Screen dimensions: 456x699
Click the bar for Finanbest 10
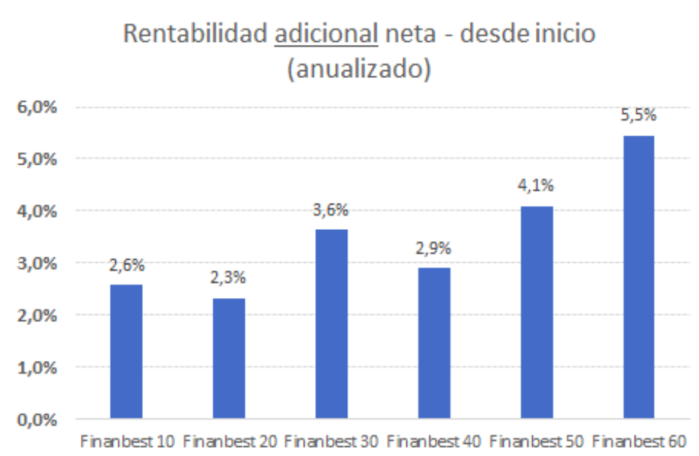tap(126, 351)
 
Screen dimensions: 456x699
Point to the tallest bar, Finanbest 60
tap(638, 276)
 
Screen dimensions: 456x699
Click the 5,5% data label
tap(638, 116)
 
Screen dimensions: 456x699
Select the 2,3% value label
tap(228, 278)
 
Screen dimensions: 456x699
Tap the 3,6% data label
tap(331, 210)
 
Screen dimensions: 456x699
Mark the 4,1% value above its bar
tap(537, 186)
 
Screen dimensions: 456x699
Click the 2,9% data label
tap(433, 248)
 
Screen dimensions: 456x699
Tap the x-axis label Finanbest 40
tap(433, 441)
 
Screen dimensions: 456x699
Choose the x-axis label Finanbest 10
tap(126, 441)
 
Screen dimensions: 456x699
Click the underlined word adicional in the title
tap(326, 35)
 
